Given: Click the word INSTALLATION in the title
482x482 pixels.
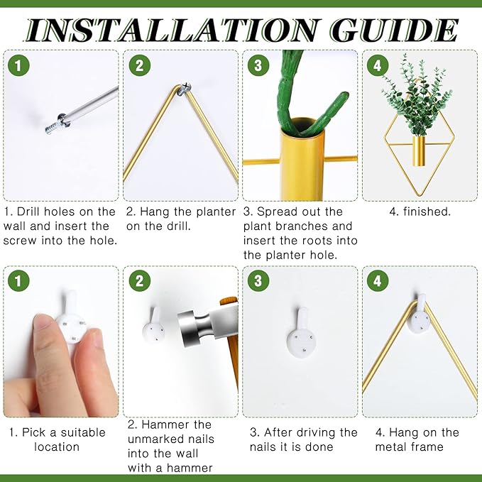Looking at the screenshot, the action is pyautogui.click(x=172, y=30).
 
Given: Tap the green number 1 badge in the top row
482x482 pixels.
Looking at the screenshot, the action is pyautogui.click(x=18, y=65).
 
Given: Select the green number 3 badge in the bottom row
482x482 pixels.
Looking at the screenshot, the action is pyautogui.click(x=258, y=280).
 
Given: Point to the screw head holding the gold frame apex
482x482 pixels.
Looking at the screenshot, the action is pyautogui.click(x=185, y=88).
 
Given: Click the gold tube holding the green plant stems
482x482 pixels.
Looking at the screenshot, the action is pyautogui.click(x=303, y=160).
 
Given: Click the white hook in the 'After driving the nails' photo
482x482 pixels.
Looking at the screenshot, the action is pyautogui.click(x=301, y=333).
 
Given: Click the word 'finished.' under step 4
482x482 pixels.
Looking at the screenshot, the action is pyautogui.click(x=427, y=212).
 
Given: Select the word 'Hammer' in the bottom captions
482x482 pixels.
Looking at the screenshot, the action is pyautogui.click(x=165, y=425).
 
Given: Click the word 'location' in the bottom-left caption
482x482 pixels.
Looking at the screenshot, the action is pyautogui.click(x=57, y=447).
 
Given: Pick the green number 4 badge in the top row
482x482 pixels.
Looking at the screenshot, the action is pyautogui.click(x=378, y=65).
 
